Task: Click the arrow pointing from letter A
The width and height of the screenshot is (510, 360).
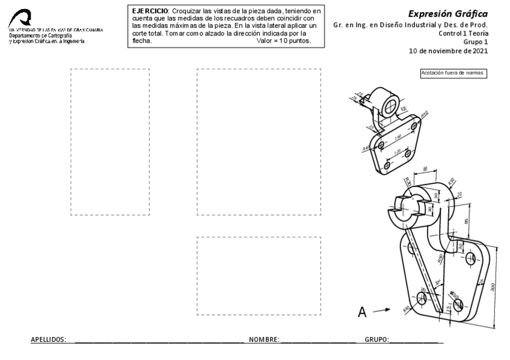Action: coord(381,311)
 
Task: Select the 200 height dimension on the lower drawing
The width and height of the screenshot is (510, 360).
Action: coord(493,287)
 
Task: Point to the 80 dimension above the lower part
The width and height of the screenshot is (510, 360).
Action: coord(425,169)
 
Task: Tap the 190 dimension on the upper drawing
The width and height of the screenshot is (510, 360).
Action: coord(398,137)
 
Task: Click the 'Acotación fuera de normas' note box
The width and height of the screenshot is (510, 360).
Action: coord(453,73)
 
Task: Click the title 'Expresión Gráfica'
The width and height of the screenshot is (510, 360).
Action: coord(448,13)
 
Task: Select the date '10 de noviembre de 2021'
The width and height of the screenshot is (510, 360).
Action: coord(449,51)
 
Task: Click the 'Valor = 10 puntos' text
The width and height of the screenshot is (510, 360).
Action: coord(283,41)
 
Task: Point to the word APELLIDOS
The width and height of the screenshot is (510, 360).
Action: coord(48,340)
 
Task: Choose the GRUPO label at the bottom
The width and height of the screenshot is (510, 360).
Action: coord(376,340)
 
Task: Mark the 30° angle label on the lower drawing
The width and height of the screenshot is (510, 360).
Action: coord(438,280)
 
